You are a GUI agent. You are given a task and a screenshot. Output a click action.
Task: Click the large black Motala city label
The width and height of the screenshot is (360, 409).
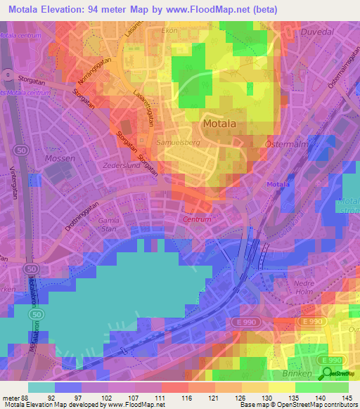pos(223,124)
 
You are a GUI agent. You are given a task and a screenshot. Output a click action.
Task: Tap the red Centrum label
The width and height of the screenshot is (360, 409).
pos(198,219)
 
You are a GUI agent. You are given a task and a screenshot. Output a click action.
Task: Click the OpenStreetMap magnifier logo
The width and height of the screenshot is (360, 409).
pos(328,373)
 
